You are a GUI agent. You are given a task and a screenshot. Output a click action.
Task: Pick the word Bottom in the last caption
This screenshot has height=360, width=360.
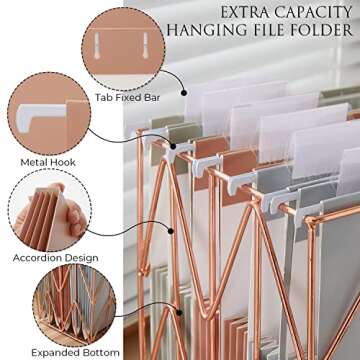click(98, 352)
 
